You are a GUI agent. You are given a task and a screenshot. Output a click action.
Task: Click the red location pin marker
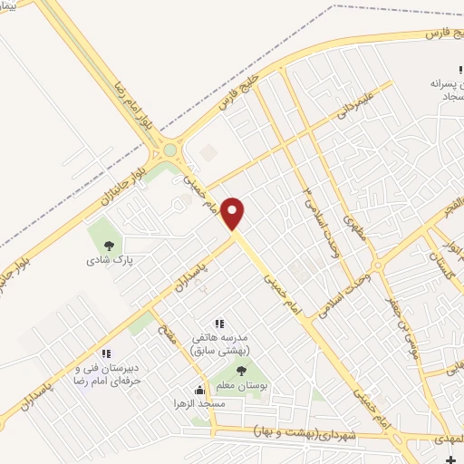pyautogui.click(x=233, y=213)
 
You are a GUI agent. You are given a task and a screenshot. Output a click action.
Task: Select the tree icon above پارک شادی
pyautogui.click(x=110, y=245)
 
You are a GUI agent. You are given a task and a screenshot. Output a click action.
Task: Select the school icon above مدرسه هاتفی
pyautogui.click(x=218, y=323)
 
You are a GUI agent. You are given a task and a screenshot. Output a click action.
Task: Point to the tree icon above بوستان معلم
pyautogui.click(x=240, y=371)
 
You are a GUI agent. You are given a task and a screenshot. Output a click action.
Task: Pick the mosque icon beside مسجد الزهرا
pyautogui.click(x=199, y=390)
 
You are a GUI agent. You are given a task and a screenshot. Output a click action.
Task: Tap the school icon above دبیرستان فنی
pyautogui.click(x=106, y=353)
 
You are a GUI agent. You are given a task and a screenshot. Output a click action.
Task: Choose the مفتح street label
pyautogui.click(x=166, y=323)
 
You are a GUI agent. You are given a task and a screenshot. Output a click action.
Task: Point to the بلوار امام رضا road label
pyautogui.click(x=126, y=90)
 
